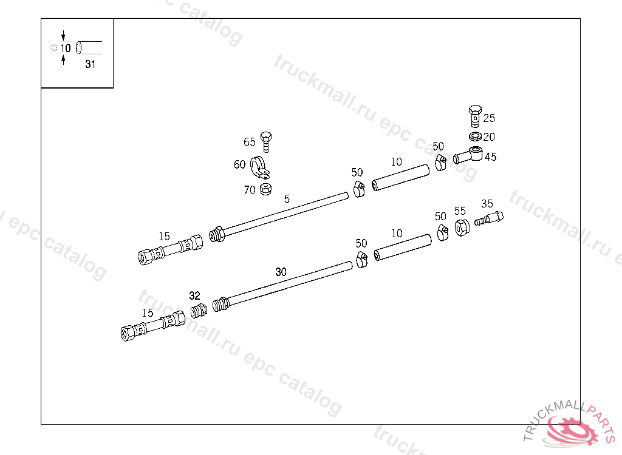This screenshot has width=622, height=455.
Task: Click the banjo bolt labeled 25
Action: pyautogui.click(x=475, y=116)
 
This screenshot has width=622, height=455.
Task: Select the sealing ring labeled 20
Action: pyautogui.click(x=475, y=136)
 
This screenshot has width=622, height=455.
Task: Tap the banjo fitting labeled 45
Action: pyautogui.click(x=468, y=155)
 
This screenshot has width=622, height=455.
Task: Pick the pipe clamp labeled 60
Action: pyautogui.click(x=259, y=167)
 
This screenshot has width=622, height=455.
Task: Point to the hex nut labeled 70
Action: pyautogui.click(x=265, y=189)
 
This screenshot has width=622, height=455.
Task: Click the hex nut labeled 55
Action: pyautogui.click(x=462, y=227)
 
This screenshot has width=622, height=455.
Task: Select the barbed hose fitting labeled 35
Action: pyautogui.click(x=489, y=218)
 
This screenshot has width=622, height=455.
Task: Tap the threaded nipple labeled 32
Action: pyautogui.click(x=199, y=311)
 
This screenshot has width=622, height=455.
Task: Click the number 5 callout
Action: pyautogui.click(x=287, y=198)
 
